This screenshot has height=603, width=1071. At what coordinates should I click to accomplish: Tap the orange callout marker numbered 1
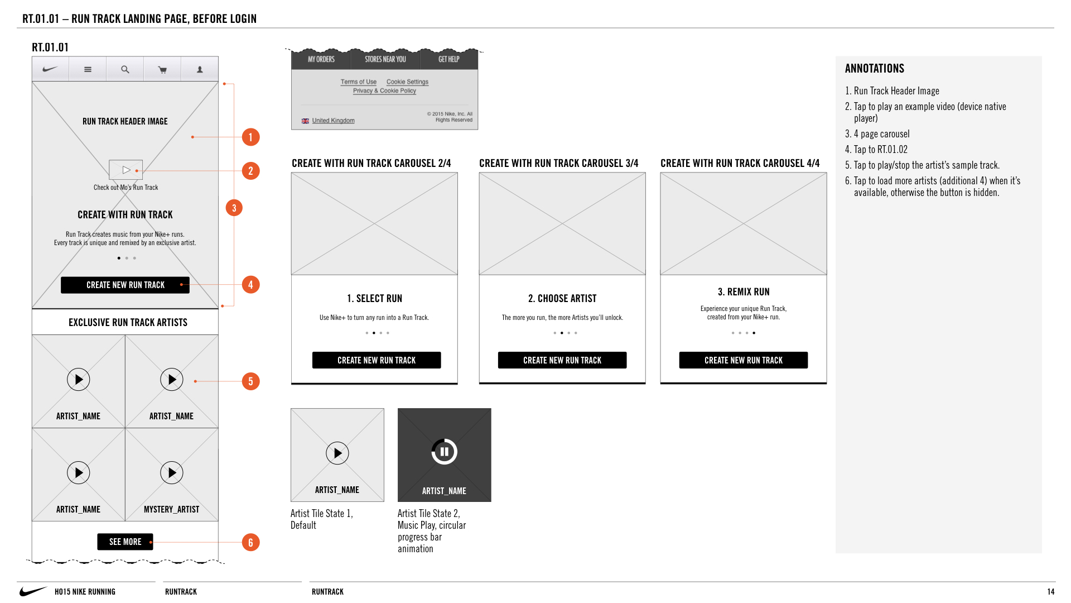tap(250, 137)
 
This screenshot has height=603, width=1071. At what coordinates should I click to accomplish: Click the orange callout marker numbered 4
tap(250, 285)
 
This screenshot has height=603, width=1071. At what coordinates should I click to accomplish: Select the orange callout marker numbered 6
tap(250, 542)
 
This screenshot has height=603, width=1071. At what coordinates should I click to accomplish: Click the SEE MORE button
tap(125, 542)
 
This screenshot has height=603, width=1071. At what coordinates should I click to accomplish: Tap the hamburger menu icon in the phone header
tap(88, 70)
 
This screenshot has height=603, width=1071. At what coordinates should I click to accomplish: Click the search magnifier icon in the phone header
tap(125, 70)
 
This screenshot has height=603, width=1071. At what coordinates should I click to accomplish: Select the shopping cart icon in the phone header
tap(162, 70)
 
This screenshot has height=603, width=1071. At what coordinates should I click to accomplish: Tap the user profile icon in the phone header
tap(200, 70)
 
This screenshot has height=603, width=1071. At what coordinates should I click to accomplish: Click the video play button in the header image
tap(126, 170)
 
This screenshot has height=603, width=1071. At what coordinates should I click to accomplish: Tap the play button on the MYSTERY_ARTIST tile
tap(172, 473)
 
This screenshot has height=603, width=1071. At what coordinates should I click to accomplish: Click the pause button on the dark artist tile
tap(445, 452)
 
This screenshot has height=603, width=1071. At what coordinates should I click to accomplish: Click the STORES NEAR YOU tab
tap(385, 59)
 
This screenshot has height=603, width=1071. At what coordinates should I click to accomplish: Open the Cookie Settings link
tap(407, 82)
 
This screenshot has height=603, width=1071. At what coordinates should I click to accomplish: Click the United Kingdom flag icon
tap(305, 121)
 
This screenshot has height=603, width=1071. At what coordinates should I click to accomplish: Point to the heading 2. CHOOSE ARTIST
tap(562, 299)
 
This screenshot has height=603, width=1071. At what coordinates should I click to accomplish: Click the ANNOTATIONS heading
tap(875, 69)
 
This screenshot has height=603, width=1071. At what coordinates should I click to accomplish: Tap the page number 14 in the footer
tap(1051, 592)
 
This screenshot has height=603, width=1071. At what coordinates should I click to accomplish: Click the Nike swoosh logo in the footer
tap(33, 591)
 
